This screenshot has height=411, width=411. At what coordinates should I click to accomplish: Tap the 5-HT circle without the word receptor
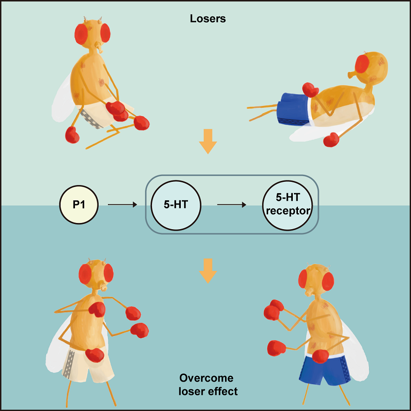click(x=175, y=204)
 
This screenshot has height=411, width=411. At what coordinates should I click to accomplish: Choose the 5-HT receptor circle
click(x=287, y=204)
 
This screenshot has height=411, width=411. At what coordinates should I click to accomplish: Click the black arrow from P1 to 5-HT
click(x=122, y=204)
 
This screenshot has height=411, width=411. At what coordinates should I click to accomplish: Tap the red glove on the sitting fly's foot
click(x=72, y=135)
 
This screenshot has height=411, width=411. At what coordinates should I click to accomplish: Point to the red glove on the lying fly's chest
click(x=311, y=89)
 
